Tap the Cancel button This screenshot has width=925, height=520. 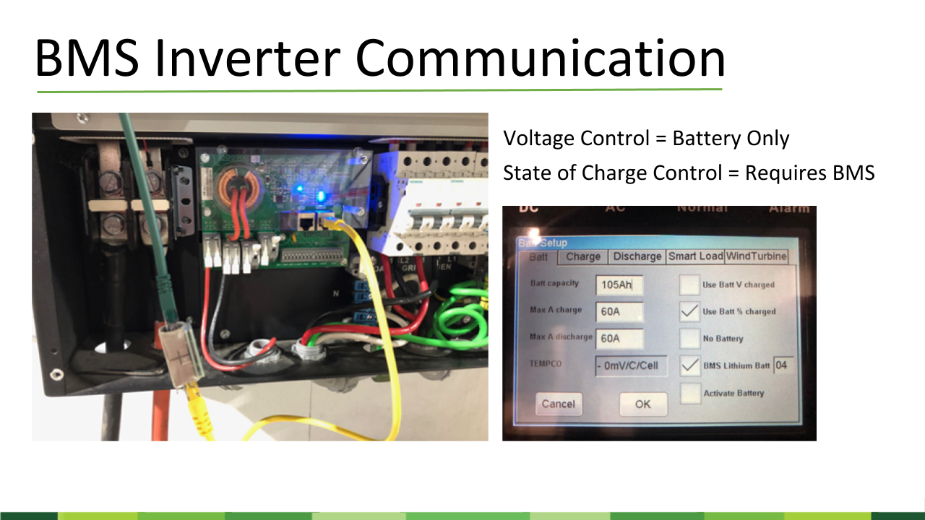point(558,404)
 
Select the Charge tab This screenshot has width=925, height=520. point(583,256)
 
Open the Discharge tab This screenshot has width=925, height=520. point(637,256)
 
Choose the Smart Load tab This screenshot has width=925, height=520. point(695,256)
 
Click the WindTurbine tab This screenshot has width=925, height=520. point(756,256)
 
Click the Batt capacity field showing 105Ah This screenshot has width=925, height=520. point(619,285)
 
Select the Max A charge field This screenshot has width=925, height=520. point(619,311)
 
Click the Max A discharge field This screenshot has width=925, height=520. point(619,337)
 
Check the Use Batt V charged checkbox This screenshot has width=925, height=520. point(690,285)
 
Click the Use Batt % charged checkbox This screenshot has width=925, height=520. point(690,311)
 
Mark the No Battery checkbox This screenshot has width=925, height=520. point(690,338)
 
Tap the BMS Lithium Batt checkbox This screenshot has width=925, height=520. point(690,365)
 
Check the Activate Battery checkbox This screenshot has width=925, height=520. point(690,393)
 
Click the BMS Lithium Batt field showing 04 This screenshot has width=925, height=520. point(781,365)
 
